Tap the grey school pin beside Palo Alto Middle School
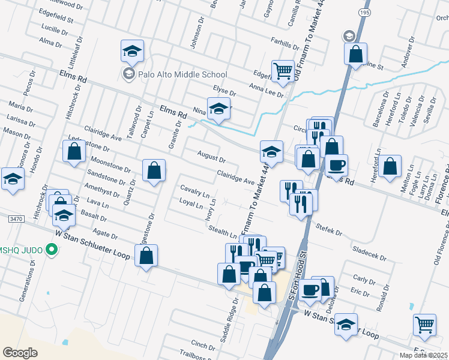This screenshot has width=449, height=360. [x=128, y=74]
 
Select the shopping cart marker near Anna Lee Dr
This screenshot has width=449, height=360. [x=283, y=71]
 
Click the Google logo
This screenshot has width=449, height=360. [x=20, y=352]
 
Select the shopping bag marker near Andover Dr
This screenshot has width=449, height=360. [x=356, y=53]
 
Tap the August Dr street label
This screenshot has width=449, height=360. [x=211, y=157]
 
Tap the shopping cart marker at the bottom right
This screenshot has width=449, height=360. [x=425, y=325]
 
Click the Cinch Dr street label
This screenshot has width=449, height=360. [x=203, y=344]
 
